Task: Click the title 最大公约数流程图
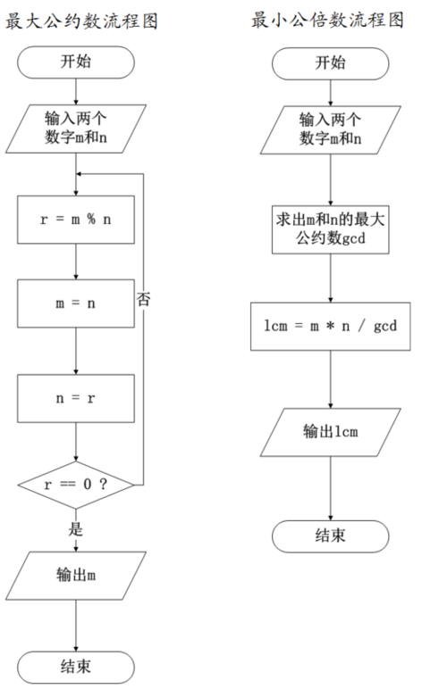pos(81,21)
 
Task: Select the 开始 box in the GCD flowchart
pos(76,62)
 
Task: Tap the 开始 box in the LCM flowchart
pos(331,62)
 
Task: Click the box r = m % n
pos(76,219)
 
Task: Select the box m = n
pos(76,303)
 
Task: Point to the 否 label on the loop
pos(143,299)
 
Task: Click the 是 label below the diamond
pos(76,527)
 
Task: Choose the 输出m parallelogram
pos(76,576)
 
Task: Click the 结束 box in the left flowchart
pos(76,666)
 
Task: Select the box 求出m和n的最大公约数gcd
pos(331,230)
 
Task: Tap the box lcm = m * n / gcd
pos(331,328)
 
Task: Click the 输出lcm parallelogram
pos(331,432)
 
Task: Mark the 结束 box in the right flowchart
pos(331,536)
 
